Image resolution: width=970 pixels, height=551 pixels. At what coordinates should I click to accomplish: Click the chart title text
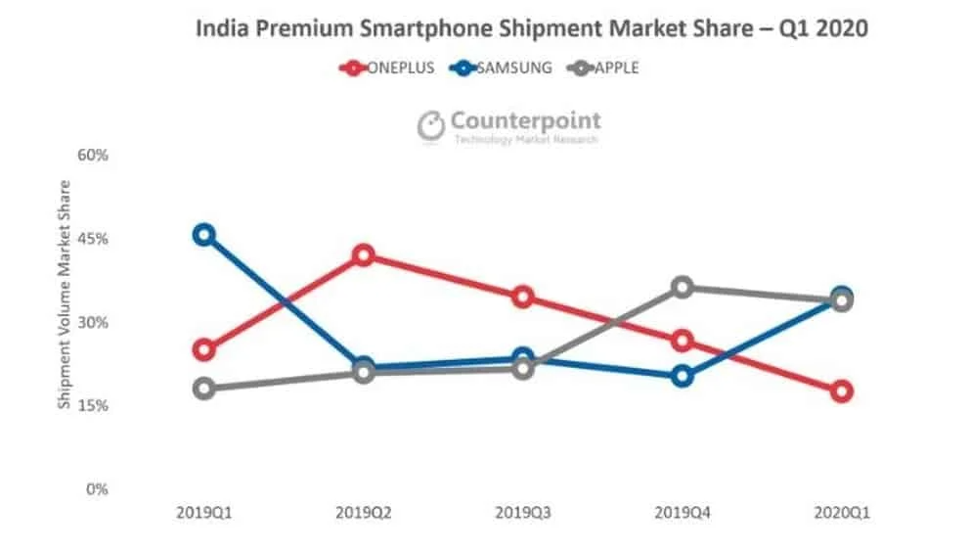pyautogui.click(x=532, y=28)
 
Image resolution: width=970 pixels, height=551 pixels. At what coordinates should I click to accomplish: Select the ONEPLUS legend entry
pyautogui.click(x=385, y=69)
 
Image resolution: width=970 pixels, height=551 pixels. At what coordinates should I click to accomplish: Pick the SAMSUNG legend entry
pyautogui.click(x=501, y=69)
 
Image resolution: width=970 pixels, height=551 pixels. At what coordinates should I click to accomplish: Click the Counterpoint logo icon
pyautogui.click(x=431, y=125)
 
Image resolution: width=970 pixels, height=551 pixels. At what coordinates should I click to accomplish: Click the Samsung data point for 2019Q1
pyautogui.click(x=203, y=235)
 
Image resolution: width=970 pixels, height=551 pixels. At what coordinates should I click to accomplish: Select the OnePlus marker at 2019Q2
pyautogui.click(x=364, y=255)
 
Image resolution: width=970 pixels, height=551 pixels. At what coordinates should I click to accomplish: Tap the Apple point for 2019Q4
pyautogui.click(x=683, y=288)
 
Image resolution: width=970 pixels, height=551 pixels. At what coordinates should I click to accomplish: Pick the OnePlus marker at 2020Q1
pyautogui.click(x=842, y=391)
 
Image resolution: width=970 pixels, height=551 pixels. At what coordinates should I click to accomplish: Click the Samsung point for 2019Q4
pyautogui.click(x=683, y=376)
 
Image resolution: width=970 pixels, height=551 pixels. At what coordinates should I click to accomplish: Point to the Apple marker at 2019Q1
pyautogui.click(x=203, y=389)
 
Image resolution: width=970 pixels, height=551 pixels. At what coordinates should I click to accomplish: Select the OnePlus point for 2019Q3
pyautogui.click(x=523, y=298)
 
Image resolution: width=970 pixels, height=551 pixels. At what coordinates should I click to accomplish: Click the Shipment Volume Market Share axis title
pyautogui.click(x=65, y=294)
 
